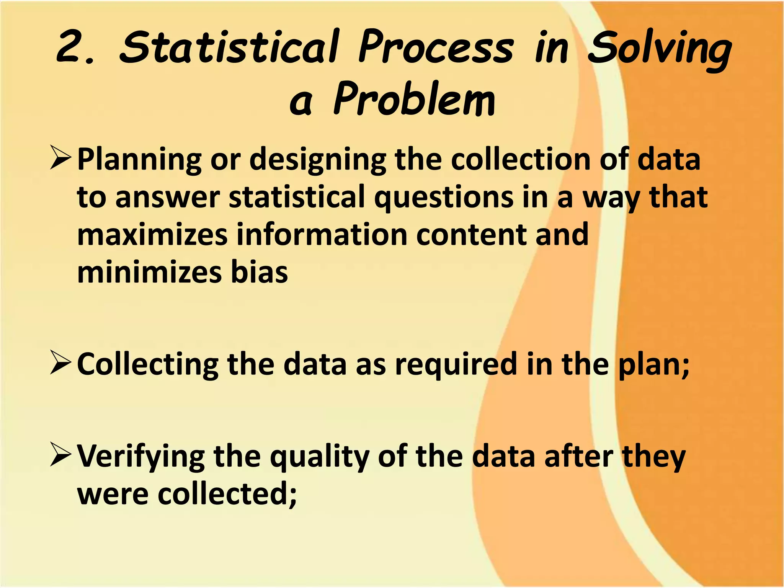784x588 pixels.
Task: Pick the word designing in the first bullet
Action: (318, 161)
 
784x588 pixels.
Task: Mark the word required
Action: (456, 366)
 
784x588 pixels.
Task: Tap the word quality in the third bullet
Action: (320, 457)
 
